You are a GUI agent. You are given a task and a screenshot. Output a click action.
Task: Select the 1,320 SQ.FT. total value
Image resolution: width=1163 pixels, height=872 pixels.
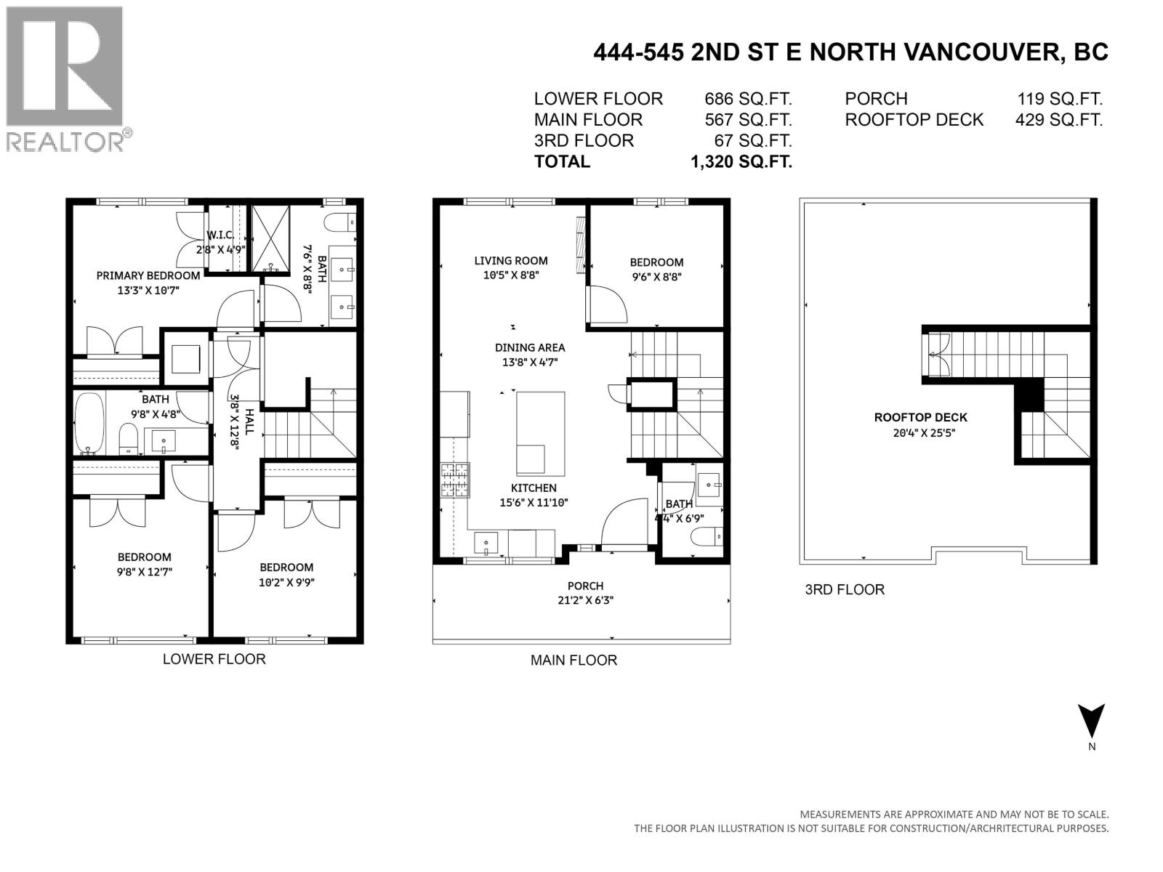click(741, 161)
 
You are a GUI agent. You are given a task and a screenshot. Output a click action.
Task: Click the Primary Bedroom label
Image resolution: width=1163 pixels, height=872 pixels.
click(148, 275)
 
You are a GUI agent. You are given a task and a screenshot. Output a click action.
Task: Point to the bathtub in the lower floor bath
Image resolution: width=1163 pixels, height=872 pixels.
click(90, 424)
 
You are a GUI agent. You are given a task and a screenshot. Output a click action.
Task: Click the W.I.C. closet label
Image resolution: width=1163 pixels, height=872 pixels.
click(220, 235)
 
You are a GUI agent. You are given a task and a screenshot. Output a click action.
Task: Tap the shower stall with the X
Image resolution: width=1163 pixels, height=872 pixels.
click(270, 239)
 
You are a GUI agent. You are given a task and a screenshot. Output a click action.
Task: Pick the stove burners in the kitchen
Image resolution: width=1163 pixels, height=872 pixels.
click(455, 480)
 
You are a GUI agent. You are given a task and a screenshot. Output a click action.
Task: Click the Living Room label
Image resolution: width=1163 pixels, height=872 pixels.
click(511, 260)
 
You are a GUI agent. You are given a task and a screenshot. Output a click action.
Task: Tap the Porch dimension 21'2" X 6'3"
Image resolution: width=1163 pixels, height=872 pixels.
click(586, 600)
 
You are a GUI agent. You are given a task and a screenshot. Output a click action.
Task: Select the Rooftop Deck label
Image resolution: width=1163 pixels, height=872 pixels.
click(920, 417)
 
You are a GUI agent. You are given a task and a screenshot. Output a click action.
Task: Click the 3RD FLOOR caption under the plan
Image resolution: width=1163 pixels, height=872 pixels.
click(844, 589)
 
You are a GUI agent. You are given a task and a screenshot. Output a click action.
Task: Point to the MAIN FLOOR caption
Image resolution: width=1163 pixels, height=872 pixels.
click(573, 660)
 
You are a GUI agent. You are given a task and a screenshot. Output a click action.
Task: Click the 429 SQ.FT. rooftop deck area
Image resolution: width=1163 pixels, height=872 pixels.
click(1058, 120)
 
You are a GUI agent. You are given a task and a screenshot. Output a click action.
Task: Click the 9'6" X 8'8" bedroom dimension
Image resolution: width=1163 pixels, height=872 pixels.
click(656, 277)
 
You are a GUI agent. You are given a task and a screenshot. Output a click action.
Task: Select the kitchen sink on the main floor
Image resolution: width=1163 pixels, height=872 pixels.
click(486, 541)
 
